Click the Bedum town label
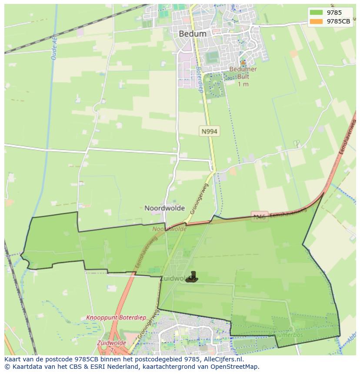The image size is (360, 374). point(193,33)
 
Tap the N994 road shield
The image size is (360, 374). point(209,131)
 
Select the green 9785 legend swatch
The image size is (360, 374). point(316,13)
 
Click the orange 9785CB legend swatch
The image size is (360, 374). point(316,21)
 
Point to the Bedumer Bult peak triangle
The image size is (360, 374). point(243,63)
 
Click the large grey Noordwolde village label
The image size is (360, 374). point(164,208)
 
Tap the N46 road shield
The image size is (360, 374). point(260,217)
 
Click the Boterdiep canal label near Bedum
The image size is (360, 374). point(199,76)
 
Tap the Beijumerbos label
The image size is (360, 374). point(286,335)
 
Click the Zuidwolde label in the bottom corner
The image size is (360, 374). point(112,343)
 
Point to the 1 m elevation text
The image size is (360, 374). point(243,84)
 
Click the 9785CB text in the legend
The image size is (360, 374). point(338,21)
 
